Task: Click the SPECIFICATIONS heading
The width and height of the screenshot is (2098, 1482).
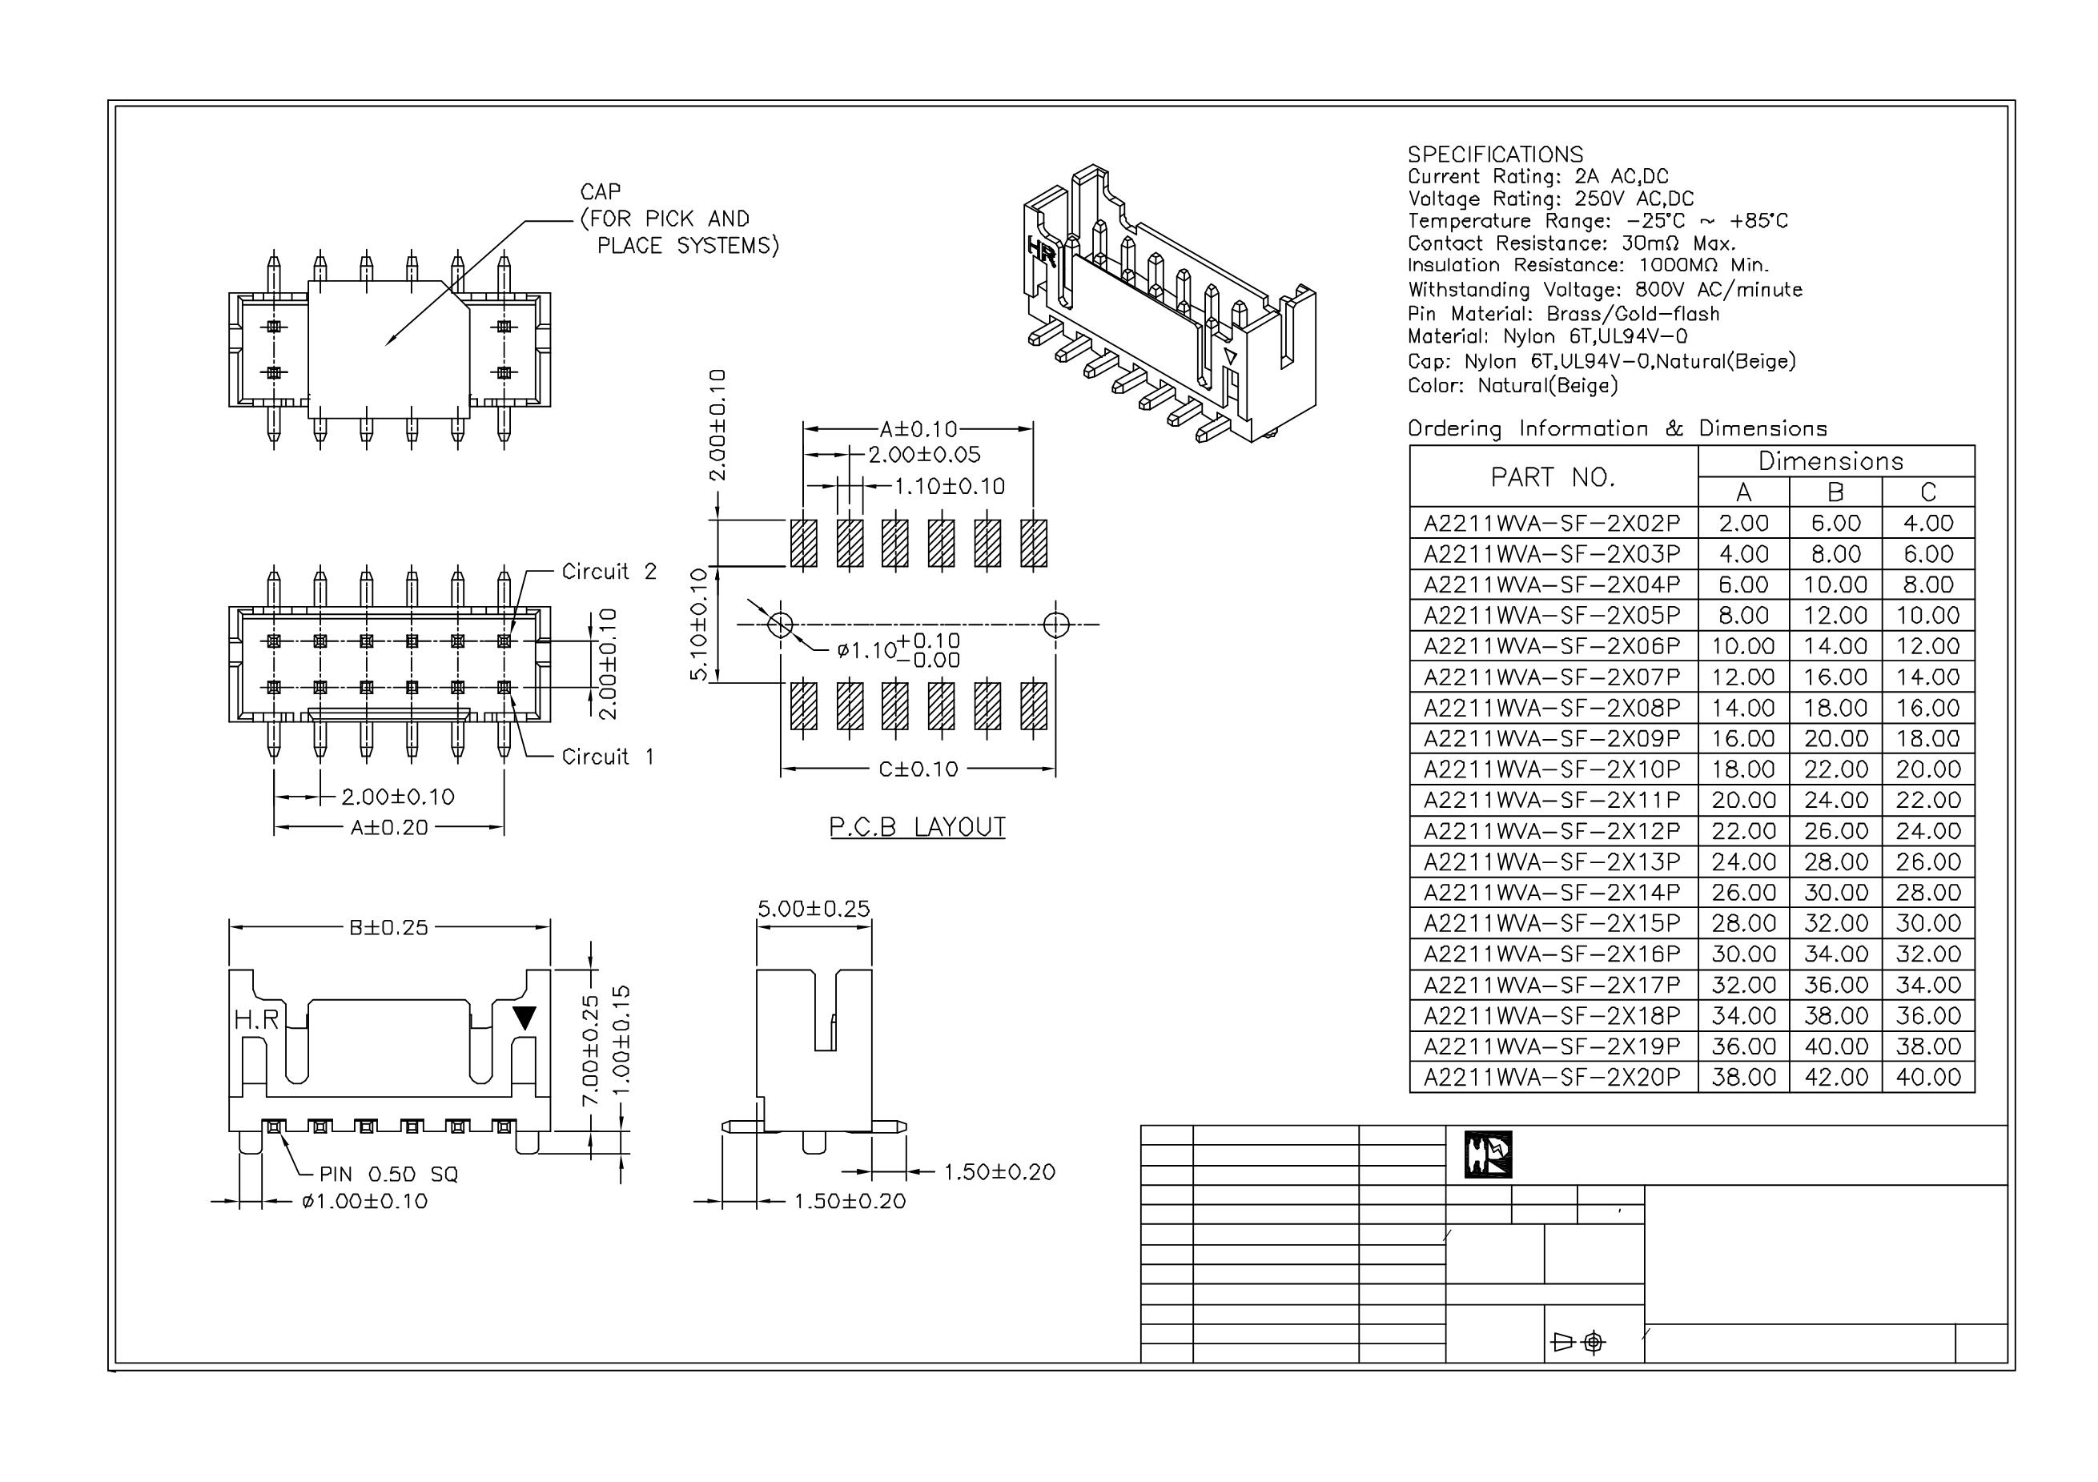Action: click(x=1495, y=155)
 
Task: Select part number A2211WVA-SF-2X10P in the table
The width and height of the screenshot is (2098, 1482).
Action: click(x=1552, y=769)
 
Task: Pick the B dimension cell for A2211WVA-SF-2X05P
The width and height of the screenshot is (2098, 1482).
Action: click(x=1835, y=615)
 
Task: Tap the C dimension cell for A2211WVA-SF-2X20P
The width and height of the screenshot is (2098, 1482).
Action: click(x=1928, y=1077)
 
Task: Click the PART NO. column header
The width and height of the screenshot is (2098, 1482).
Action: click(x=1553, y=477)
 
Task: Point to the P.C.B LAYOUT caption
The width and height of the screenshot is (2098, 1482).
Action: click(x=917, y=827)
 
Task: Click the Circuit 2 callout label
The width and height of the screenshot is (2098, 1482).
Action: click(x=609, y=572)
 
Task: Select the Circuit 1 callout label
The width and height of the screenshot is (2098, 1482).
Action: click(x=608, y=757)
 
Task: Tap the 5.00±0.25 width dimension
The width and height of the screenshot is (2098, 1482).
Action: click(x=814, y=908)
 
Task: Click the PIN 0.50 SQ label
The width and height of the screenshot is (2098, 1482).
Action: click(x=388, y=1174)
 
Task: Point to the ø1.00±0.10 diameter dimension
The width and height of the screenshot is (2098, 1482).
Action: click(x=364, y=1202)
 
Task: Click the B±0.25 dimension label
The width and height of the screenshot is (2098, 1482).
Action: click(x=388, y=927)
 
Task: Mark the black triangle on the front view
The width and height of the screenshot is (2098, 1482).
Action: click(x=524, y=1018)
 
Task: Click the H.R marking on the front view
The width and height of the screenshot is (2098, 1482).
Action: click(x=256, y=1018)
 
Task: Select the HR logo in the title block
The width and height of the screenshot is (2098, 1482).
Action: click(x=1488, y=1155)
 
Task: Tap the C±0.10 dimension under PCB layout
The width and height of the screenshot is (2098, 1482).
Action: click(x=918, y=769)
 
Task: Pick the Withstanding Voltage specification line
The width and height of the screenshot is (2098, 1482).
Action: click(x=1605, y=291)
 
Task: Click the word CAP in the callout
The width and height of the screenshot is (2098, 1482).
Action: click(x=601, y=192)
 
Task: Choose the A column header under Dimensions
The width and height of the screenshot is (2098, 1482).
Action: click(x=1743, y=492)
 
